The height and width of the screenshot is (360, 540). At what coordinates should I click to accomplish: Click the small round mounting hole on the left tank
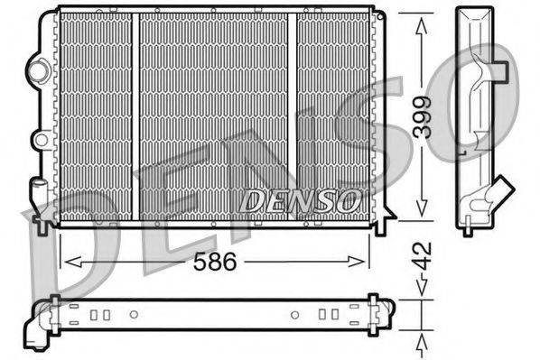(40, 139)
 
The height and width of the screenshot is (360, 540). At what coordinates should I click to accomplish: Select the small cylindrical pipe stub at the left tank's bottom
(39, 192)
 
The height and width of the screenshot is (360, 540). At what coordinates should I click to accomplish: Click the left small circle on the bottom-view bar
(133, 315)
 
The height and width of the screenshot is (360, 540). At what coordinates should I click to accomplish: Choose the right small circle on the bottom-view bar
(294, 315)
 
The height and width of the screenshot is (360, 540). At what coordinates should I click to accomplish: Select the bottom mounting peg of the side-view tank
(467, 230)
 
